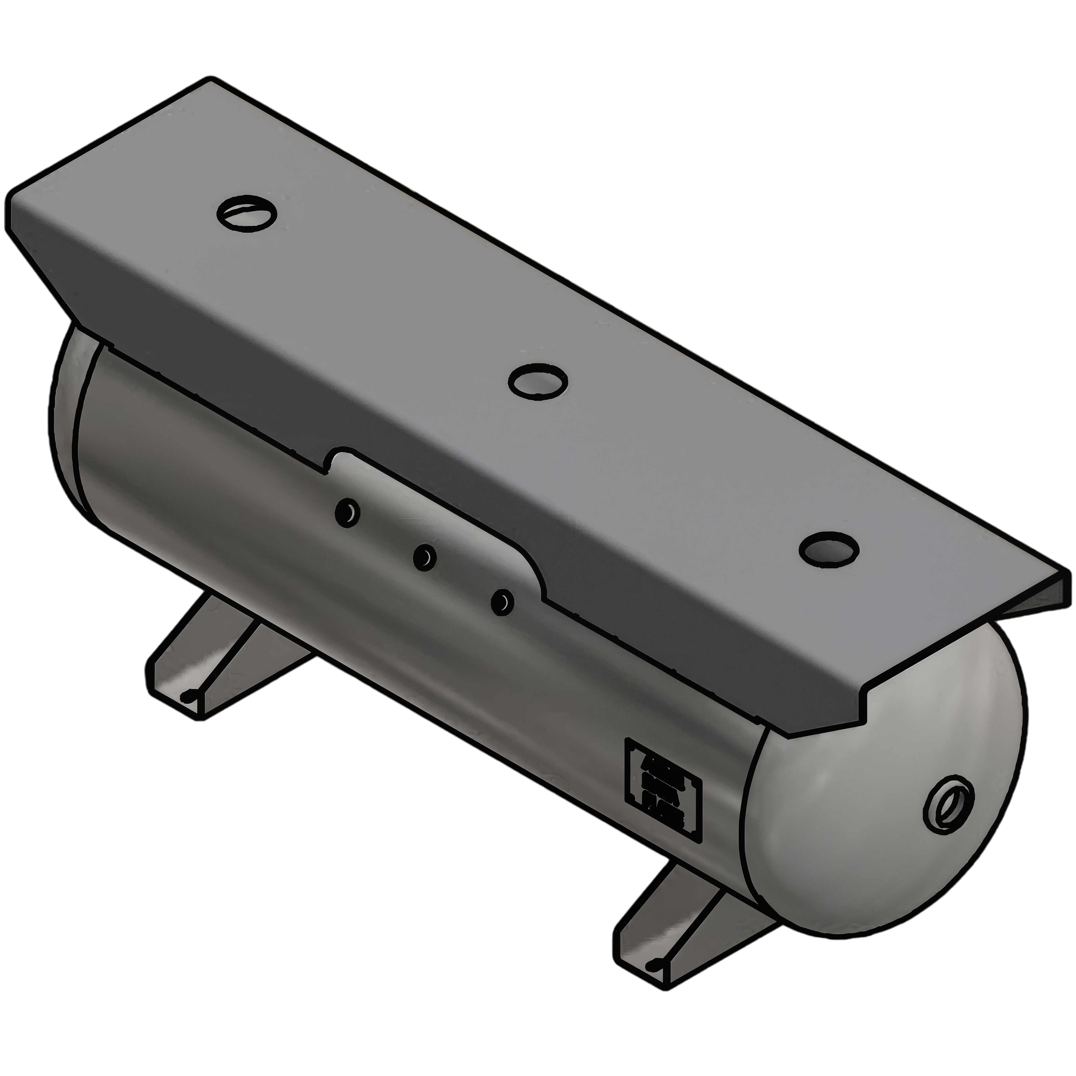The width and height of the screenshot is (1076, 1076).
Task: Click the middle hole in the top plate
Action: pyautogui.click(x=538, y=381)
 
